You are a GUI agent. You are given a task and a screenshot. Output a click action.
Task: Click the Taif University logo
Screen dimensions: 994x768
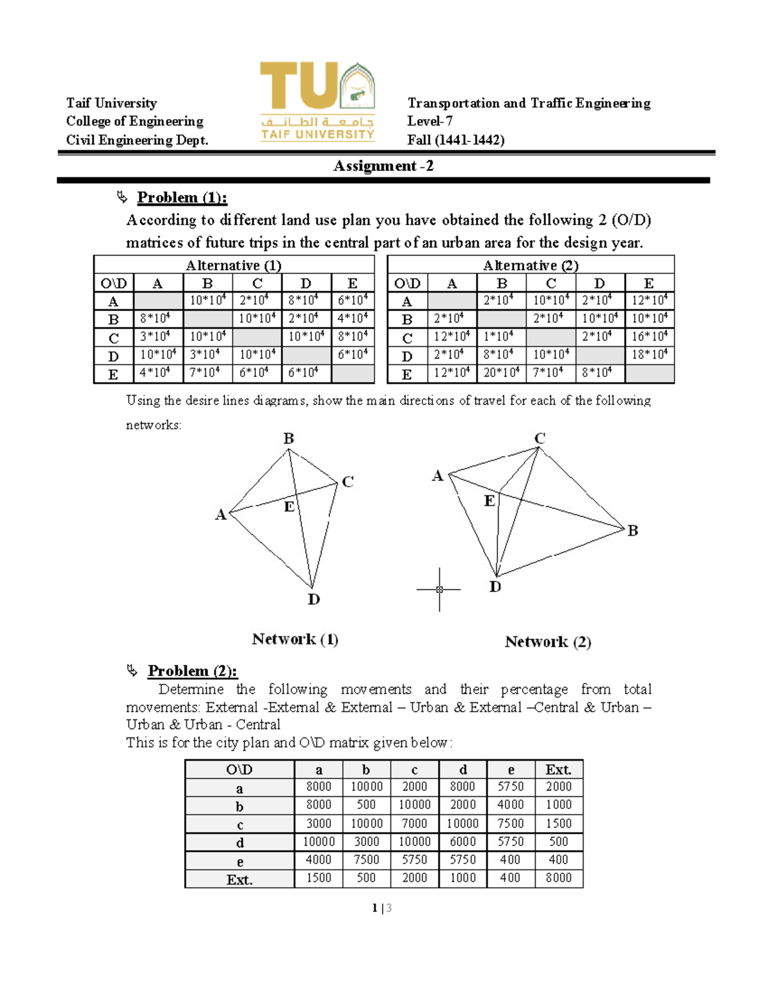(317, 101)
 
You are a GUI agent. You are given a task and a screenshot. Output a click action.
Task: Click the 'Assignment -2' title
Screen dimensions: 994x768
(383, 166)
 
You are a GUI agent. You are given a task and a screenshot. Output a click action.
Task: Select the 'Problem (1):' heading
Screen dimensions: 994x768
(182, 198)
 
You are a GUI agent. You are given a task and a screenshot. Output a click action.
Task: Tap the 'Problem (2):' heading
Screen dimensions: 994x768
(192, 671)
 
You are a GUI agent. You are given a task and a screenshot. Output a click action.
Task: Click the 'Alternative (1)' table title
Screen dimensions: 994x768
(234, 265)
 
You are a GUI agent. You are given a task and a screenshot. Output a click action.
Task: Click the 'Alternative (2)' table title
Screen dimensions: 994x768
(531, 265)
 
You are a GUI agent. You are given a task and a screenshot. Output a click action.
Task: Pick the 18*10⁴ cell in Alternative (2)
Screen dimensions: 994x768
(650, 355)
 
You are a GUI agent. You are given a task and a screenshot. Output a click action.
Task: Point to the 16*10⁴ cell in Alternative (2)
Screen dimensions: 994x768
(650, 337)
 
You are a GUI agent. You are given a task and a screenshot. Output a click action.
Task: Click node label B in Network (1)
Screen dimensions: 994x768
(289, 438)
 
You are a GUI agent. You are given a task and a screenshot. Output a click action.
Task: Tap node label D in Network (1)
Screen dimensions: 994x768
(314, 600)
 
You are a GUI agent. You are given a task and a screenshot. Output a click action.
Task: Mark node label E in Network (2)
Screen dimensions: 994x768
(490, 501)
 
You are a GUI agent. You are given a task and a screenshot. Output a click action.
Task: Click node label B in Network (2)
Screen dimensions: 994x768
(632, 531)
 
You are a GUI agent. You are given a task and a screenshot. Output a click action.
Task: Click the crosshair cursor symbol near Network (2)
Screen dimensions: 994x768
(439, 589)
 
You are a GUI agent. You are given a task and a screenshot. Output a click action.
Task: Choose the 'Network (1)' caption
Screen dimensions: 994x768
(295, 639)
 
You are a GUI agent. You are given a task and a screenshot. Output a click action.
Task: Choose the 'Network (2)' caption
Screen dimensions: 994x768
(548, 642)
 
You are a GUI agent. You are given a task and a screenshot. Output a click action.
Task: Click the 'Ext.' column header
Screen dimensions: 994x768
(558, 770)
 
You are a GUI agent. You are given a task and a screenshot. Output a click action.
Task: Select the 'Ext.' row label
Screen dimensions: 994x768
(239, 880)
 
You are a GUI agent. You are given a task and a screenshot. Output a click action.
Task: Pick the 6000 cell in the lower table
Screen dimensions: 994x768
(463, 842)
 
